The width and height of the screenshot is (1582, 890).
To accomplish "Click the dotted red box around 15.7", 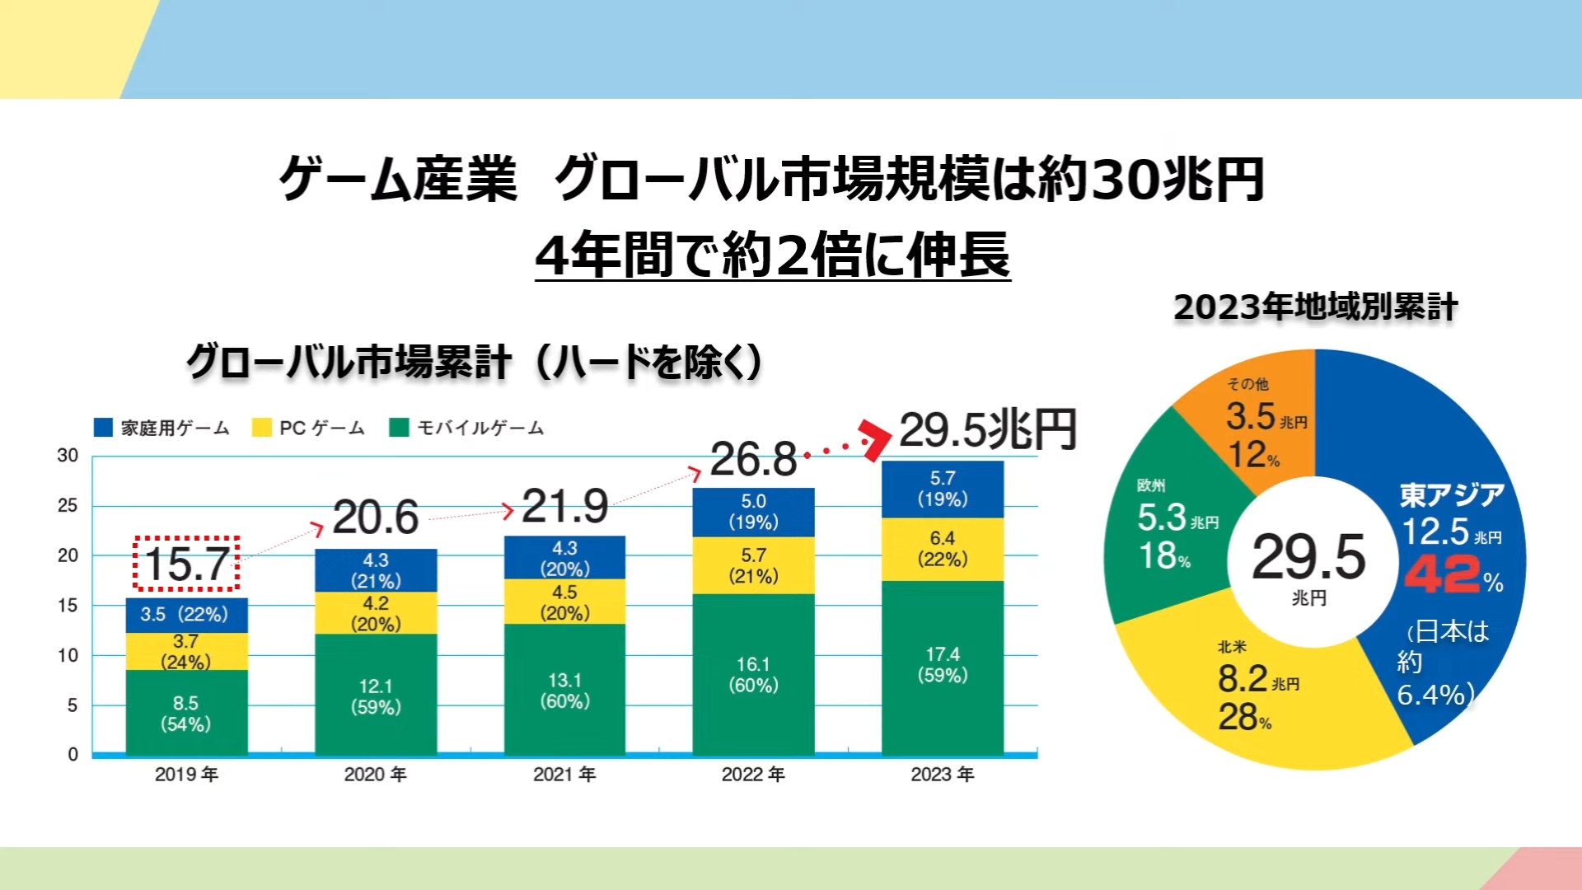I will click(x=187, y=564).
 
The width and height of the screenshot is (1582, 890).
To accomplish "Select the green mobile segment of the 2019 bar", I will click(x=186, y=712).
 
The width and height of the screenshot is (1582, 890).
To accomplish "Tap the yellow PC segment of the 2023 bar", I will click(x=943, y=549).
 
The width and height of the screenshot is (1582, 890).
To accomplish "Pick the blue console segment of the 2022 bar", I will click(x=753, y=512).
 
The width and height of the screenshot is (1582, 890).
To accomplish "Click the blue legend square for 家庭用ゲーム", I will click(x=103, y=427).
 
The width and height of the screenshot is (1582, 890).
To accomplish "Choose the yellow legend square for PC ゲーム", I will click(x=262, y=427).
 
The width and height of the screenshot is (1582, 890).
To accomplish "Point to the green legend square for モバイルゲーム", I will click(x=399, y=427).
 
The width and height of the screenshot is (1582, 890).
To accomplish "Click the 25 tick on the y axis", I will click(x=68, y=505).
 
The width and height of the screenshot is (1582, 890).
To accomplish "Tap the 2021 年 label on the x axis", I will click(x=564, y=774).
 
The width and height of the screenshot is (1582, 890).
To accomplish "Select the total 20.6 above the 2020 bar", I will click(x=376, y=518).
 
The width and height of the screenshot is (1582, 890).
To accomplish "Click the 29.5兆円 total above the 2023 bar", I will click(x=987, y=429).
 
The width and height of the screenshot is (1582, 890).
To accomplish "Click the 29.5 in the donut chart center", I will click(x=1308, y=556).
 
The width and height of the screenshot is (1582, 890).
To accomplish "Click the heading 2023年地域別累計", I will click(x=1316, y=307).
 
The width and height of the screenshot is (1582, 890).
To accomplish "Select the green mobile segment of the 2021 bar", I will click(x=564, y=690).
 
